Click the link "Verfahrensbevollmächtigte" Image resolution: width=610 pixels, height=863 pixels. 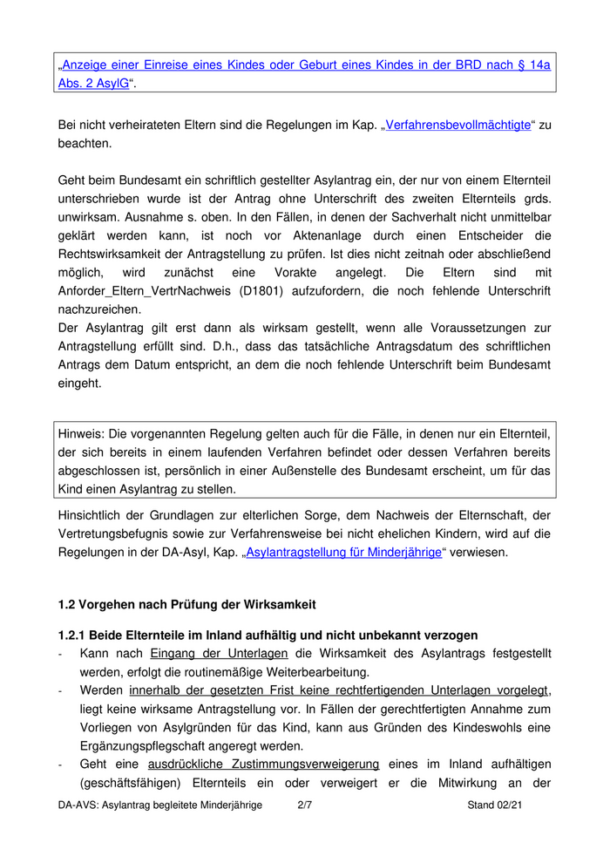click(457, 125)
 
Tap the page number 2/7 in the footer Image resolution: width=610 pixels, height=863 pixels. click(304, 805)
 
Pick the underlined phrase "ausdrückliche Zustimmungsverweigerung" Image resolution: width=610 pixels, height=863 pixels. click(263, 764)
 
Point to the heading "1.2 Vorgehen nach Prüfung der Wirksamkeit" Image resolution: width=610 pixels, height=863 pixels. click(186, 604)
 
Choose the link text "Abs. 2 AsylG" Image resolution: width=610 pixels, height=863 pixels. click(94, 83)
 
